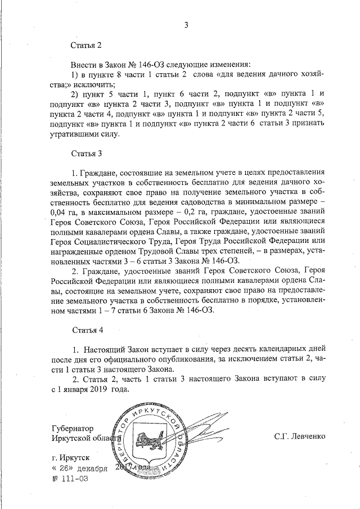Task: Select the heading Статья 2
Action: pos(86,45)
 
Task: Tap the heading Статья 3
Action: pos(86,154)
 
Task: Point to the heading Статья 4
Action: pos(86,328)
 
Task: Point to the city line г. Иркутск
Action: pos(70,458)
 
